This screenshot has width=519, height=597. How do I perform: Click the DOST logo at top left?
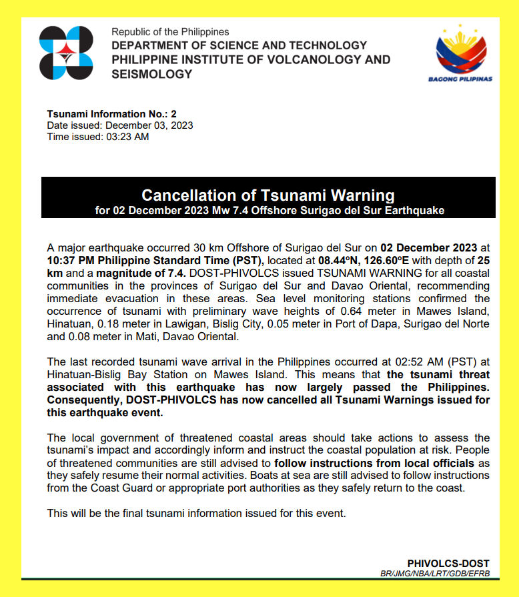[x=66, y=53]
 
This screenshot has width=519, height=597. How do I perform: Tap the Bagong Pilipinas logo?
[x=460, y=53]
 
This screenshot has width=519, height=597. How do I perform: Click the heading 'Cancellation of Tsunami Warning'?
[x=268, y=195]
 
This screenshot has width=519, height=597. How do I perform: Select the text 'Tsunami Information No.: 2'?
[x=111, y=114]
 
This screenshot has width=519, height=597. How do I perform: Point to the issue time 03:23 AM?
[x=127, y=137]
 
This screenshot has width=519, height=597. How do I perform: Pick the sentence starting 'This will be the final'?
[x=197, y=514]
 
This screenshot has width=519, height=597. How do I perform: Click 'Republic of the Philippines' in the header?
[x=170, y=32]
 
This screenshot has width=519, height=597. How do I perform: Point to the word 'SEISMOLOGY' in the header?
[x=151, y=74]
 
